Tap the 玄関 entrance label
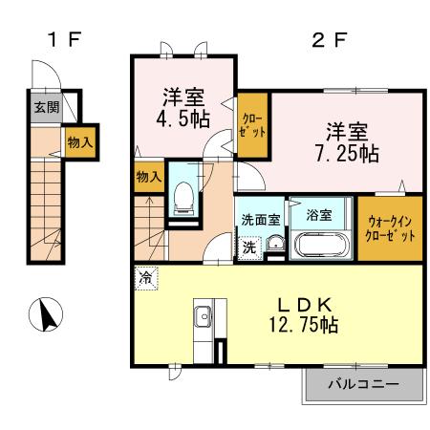(x=45, y=107)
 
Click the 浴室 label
(x=319, y=215)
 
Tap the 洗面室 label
(x=260, y=218)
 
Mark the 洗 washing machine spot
(x=248, y=246)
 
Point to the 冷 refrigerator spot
(x=145, y=279)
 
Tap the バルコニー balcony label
(x=364, y=386)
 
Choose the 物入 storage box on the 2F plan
(x=148, y=178)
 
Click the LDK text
(x=303, y=303)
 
